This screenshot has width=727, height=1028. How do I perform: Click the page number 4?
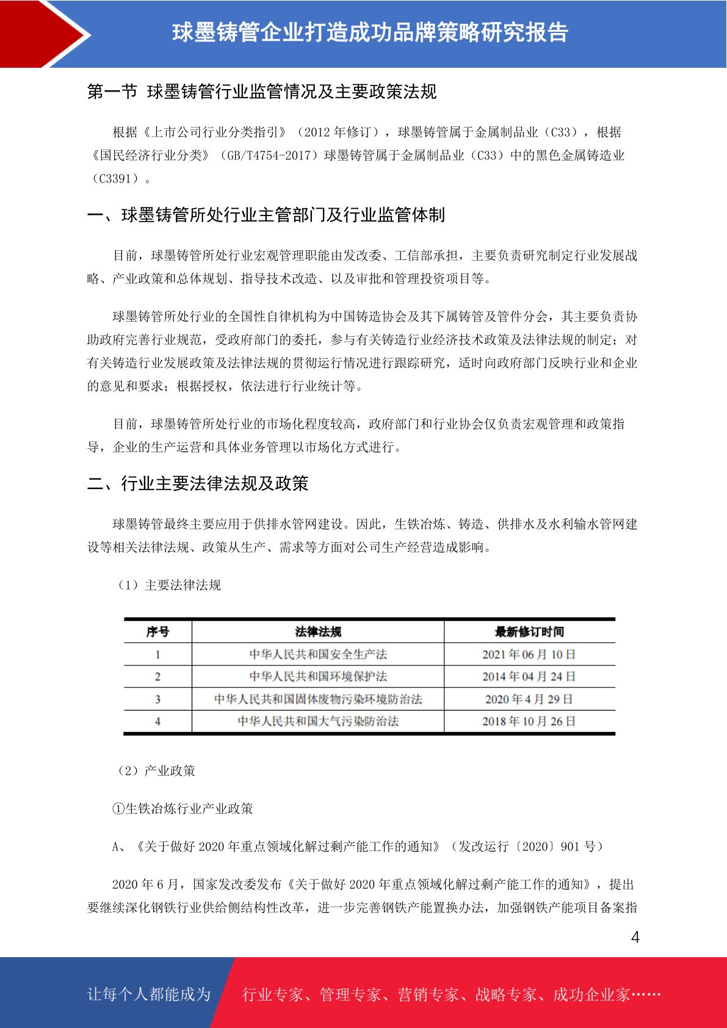[635, 937]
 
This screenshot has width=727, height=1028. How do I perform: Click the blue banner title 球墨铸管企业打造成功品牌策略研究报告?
[370, 32]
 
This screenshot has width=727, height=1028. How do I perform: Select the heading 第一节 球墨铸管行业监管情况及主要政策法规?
[262, 92]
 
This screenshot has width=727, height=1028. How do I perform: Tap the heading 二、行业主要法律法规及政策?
[198, 483]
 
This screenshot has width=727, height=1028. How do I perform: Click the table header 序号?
[157, 632]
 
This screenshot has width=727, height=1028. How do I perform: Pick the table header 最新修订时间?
[529, 632]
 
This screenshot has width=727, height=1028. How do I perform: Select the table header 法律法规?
[318, 632]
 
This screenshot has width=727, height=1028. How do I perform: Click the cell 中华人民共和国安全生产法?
[318, 654]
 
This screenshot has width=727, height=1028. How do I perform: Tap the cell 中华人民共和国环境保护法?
[318, 676]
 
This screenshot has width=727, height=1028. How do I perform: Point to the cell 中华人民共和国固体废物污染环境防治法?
[318, 699]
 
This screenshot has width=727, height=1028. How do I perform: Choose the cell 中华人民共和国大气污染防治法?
[318, 721]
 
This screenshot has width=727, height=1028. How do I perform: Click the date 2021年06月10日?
[529, 654]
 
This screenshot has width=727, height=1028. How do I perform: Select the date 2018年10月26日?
[529, 721]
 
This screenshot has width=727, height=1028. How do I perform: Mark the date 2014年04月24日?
[529, 676]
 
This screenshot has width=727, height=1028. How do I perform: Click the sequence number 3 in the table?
[157, 699]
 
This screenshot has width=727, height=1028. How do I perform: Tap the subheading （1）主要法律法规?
[169, 585]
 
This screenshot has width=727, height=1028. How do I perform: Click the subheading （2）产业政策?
[156, 770]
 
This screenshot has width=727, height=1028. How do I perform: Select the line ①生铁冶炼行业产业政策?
[183, 808]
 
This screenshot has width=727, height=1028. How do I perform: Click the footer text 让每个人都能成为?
[149, 994]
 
